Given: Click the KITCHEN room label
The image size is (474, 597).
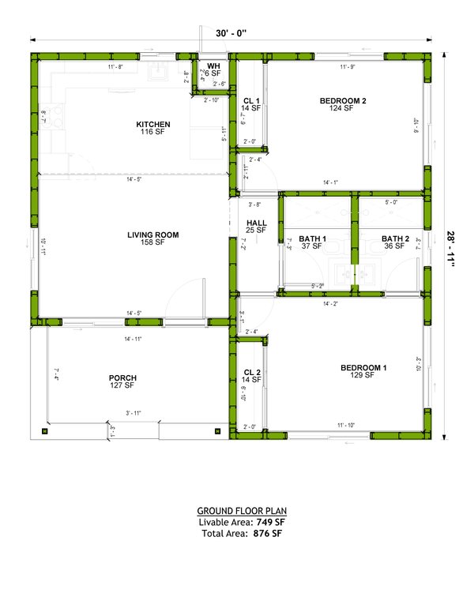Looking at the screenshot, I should tap(153, 125).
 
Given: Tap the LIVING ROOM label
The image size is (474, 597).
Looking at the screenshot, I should tap(153, 235).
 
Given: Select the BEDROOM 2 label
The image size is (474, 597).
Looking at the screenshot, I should tap(343, 101).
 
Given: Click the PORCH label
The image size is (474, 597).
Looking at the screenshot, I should tap(122, 378).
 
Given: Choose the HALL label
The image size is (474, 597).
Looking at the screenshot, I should tap(257, 223).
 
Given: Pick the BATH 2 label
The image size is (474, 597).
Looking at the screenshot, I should tap(395, 238).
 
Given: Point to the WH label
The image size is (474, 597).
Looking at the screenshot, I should tap(213, 66).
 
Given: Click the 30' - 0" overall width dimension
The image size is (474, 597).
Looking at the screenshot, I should tap(231, 33).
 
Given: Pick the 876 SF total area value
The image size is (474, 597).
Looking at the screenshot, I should tap(267, 534).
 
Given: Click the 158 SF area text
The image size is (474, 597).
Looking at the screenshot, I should tap(153, 242).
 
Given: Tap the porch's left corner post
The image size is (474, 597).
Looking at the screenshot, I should tap(44, 431).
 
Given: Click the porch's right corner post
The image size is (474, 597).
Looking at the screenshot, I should tap(217, 431).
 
